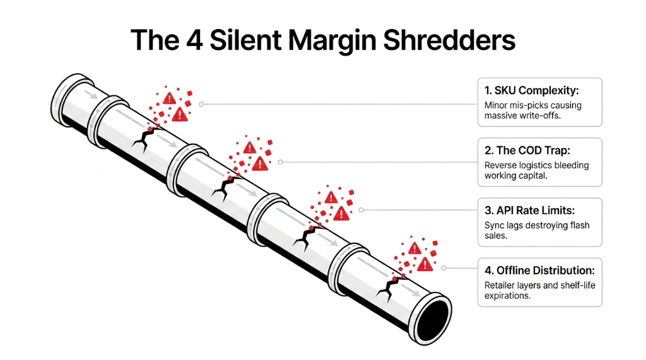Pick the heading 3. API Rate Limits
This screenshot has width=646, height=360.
tap(529, 210)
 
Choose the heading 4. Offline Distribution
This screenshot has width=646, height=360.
tap(539, 270)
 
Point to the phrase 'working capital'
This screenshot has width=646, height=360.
tap(515, 176)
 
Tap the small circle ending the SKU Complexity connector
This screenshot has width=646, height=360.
tap(201, 104)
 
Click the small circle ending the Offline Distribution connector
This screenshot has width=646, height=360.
tap(443, 268)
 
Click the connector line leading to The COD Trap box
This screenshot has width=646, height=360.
tap(379, 162)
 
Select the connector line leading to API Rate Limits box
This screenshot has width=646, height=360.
tap(416, 210)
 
